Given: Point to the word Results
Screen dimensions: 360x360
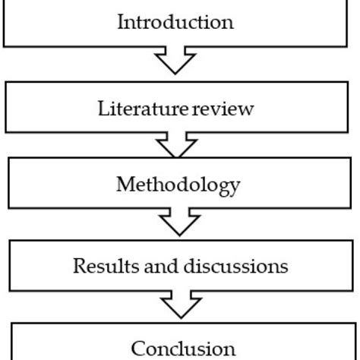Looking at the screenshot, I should pos(102,266).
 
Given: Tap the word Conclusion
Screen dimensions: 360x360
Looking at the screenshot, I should pos(183,349).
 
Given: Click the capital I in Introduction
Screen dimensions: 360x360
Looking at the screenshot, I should pos(120,21).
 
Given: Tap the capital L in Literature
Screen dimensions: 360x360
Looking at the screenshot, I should pos(103,108).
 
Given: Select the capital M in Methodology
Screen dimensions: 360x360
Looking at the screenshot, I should pos(124,185).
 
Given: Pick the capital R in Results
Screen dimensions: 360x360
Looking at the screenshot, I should pos(78,266).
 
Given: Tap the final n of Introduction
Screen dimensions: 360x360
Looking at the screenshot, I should pos(227,21).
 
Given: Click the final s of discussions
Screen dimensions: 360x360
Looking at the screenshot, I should pos(284,266).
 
